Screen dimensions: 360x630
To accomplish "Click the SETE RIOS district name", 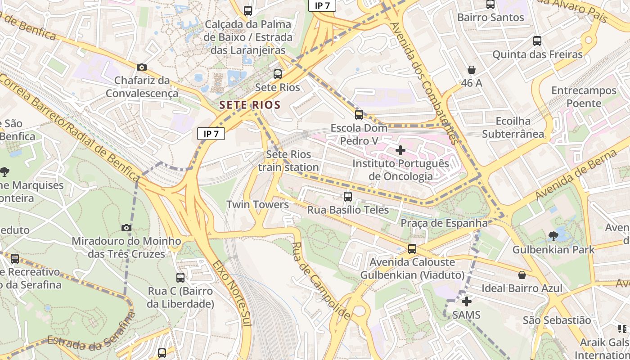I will point(250,105).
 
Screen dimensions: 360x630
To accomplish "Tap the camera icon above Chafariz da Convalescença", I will point(142,67).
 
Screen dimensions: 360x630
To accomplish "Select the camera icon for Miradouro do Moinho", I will point(126,228).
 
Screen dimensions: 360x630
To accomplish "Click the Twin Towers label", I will point(257,205).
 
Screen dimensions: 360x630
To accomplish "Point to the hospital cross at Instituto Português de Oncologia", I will point(400,150).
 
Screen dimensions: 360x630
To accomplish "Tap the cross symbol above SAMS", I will point(467,301).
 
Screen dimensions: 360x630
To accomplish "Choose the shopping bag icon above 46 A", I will point(472,70).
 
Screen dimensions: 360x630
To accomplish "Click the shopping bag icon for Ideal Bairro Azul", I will point(522,274).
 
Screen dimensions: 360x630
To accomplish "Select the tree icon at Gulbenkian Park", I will point(553,236).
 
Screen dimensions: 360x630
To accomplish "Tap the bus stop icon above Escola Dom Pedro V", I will point(359,115).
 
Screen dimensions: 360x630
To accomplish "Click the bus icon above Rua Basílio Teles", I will point(347,197).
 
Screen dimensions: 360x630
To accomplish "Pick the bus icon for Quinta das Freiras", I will point(537,41).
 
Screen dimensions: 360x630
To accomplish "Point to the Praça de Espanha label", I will point(444,223).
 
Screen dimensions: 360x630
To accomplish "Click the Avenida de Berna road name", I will point(576,175).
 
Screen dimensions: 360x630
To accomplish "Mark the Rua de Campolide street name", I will point(320,281).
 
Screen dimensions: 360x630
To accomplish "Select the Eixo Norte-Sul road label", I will point(231,292).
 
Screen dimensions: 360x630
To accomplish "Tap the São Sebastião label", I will point(557,320).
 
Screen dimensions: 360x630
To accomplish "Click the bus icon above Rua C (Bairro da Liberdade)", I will point(180,278).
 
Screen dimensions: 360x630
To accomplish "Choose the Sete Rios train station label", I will point(288,161).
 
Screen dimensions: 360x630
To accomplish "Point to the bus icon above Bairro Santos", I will point(490,4).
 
